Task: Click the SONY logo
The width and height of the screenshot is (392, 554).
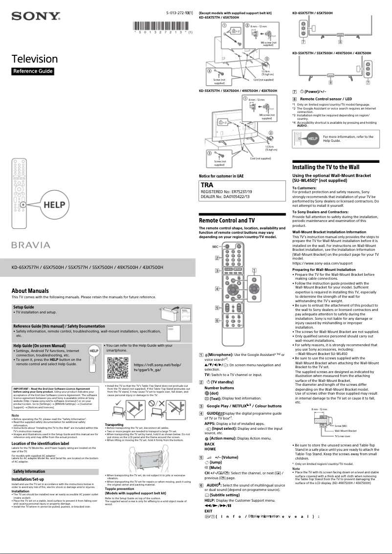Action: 36,17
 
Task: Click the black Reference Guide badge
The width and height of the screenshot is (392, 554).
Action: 33,71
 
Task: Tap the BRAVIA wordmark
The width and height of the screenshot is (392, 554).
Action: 31,244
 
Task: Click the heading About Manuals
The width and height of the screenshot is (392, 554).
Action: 30,291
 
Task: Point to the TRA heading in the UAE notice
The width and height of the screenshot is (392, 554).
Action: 207,185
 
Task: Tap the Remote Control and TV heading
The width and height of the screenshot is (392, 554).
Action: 227,221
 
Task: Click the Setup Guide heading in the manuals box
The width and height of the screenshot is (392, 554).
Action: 23,307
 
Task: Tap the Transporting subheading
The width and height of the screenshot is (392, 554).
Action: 114,425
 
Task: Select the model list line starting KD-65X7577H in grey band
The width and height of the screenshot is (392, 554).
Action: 87,267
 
